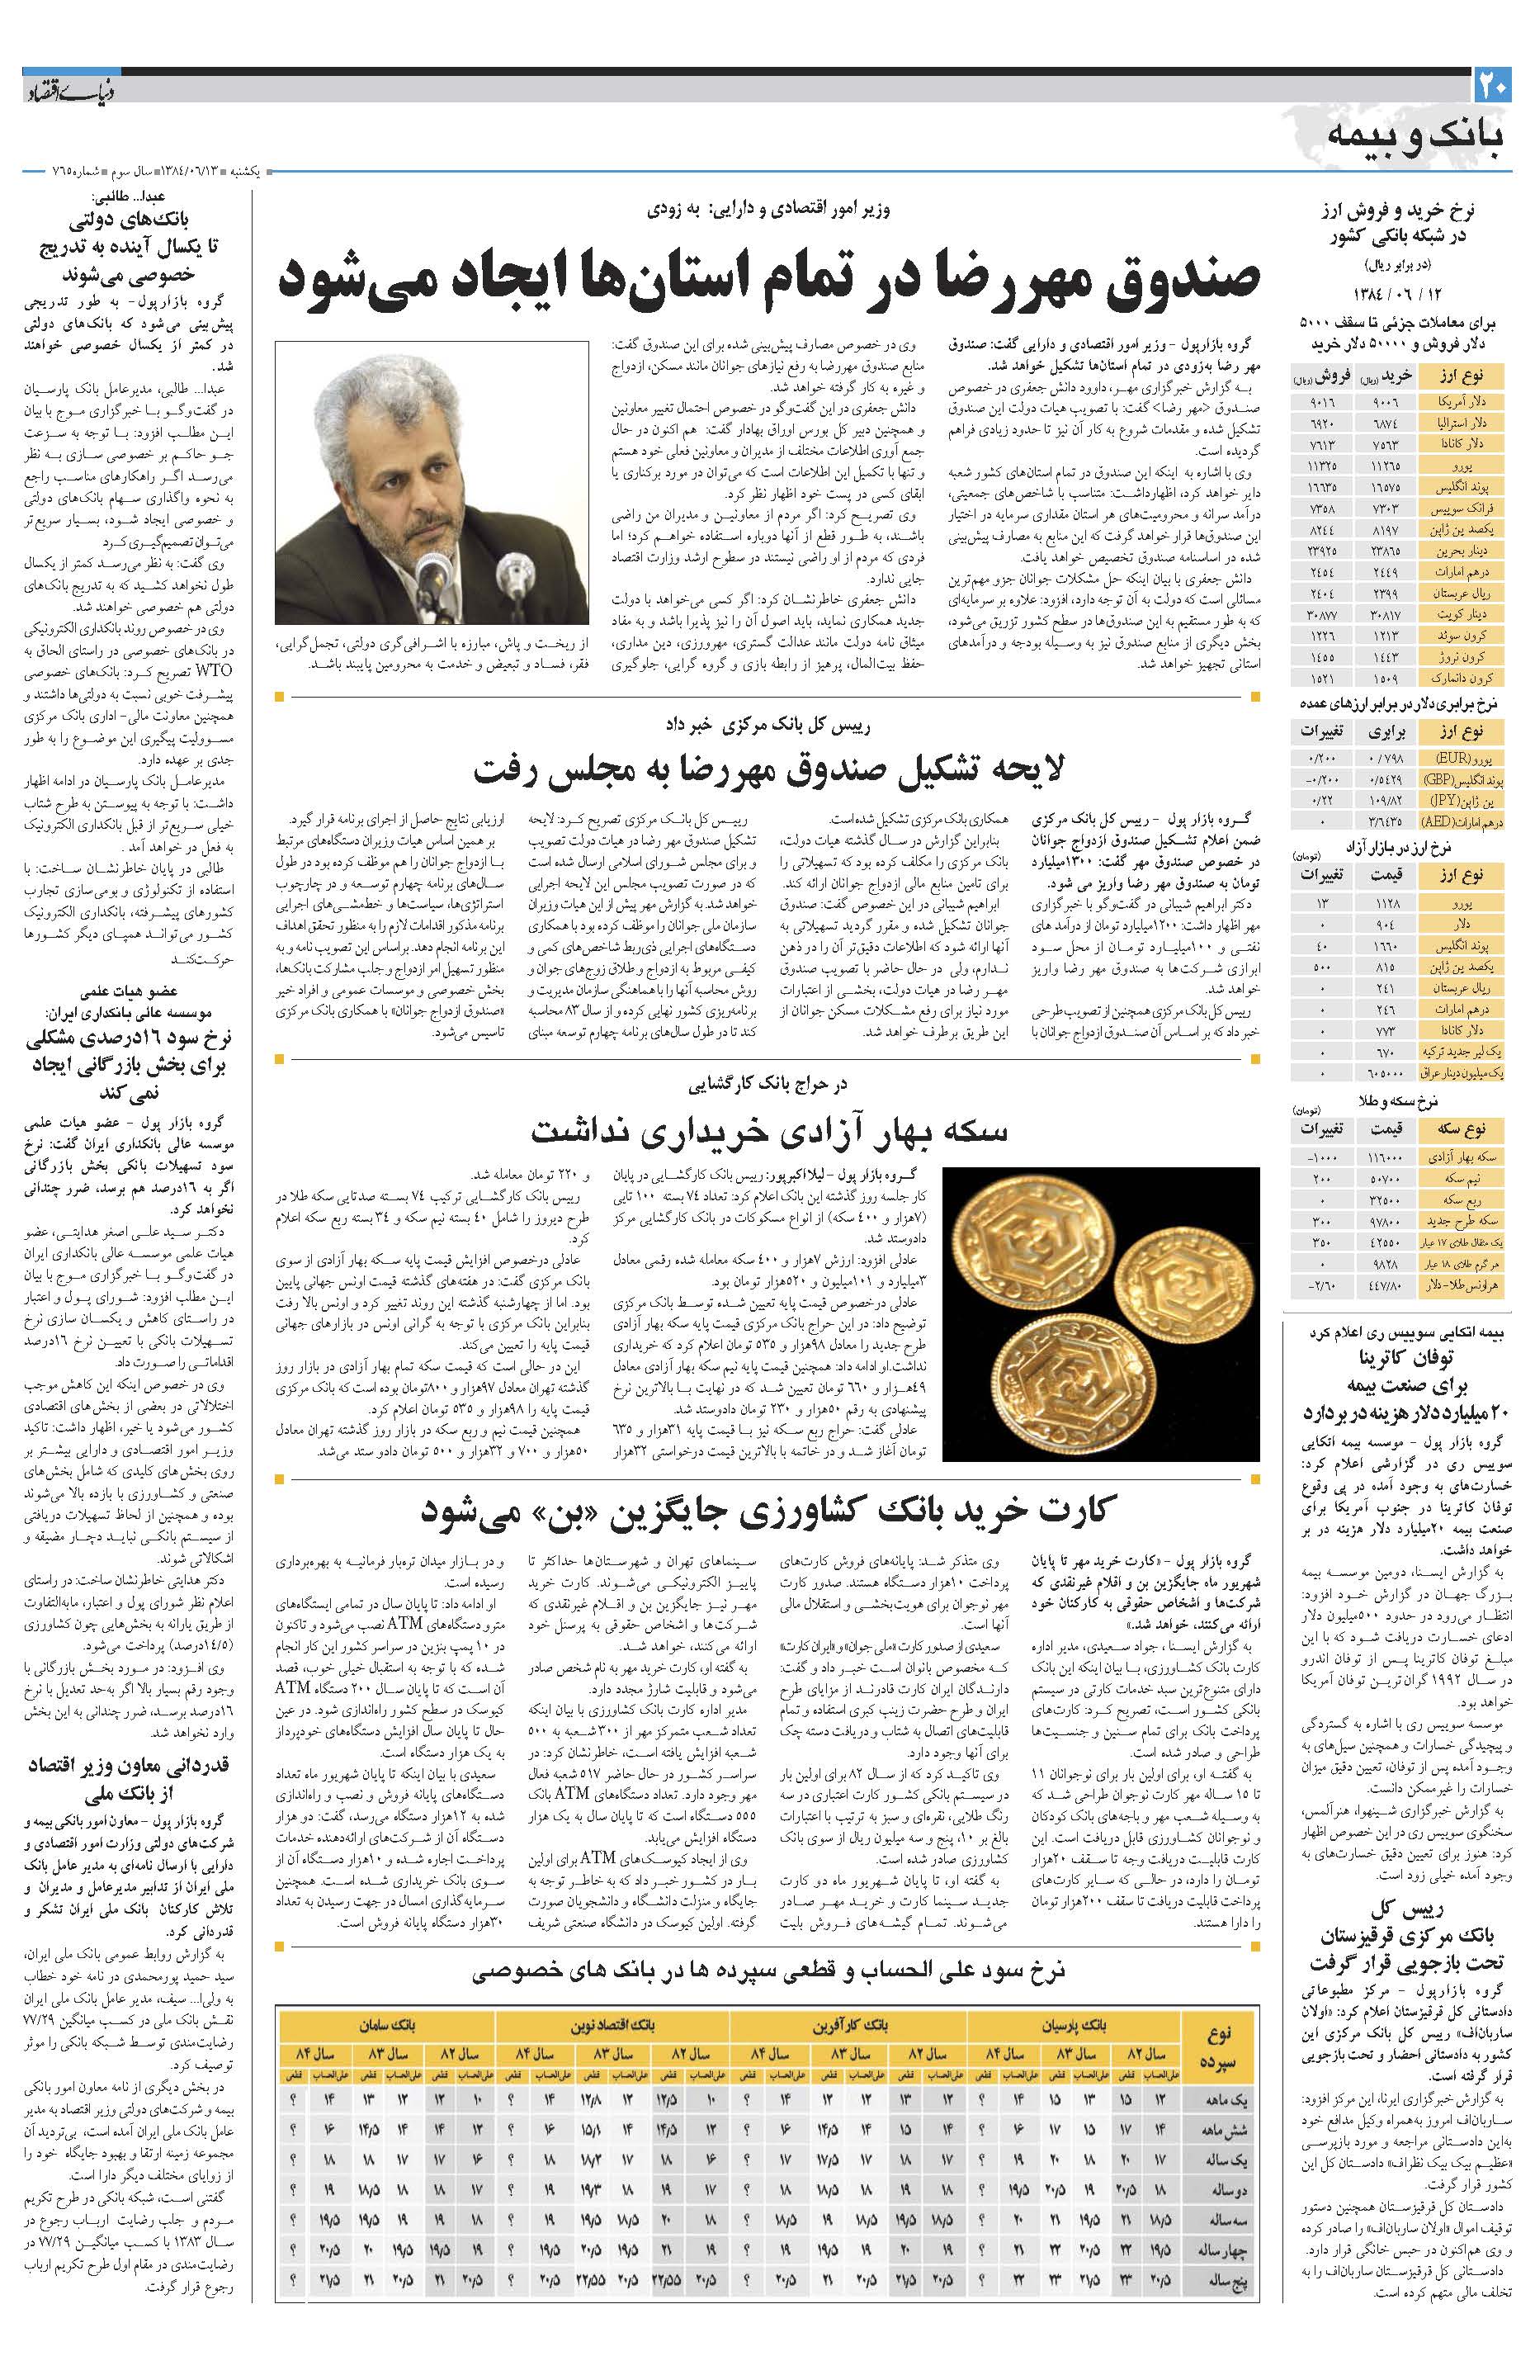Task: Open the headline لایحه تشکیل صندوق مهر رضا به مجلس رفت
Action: [x=768, y=769]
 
